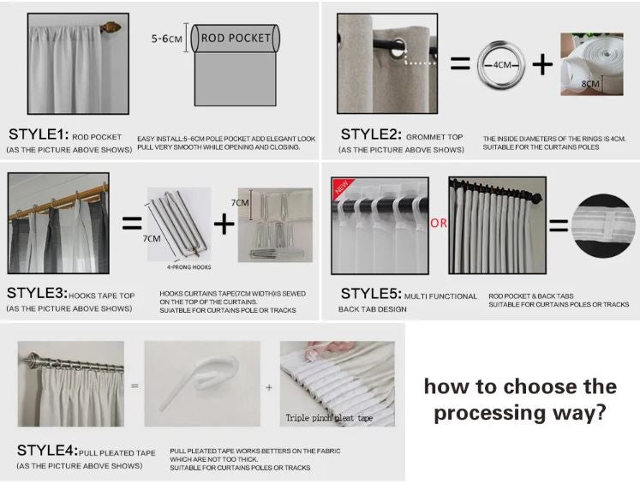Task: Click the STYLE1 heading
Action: [x=39, y=134]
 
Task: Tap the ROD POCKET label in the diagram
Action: [x=236, y=38]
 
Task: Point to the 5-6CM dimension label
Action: [x=166, y=39]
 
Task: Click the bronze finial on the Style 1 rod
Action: [x=111, y=27]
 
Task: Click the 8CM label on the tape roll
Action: [x=590, y=84]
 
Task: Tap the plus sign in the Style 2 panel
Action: [x=542, y=64]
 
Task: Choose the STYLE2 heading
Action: [x=371, y=134]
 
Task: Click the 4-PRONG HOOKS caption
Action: [x=188, y=267]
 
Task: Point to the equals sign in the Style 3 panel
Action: [x=132, y=224]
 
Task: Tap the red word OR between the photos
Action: [x=439, y=224]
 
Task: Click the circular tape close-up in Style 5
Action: [x=604, y=225]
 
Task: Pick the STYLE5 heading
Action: [x=371, y=294]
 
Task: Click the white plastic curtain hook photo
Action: [x=202, y=384]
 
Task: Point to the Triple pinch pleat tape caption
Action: [x=329, y=418]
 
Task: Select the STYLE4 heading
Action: [x=47, y=450]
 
